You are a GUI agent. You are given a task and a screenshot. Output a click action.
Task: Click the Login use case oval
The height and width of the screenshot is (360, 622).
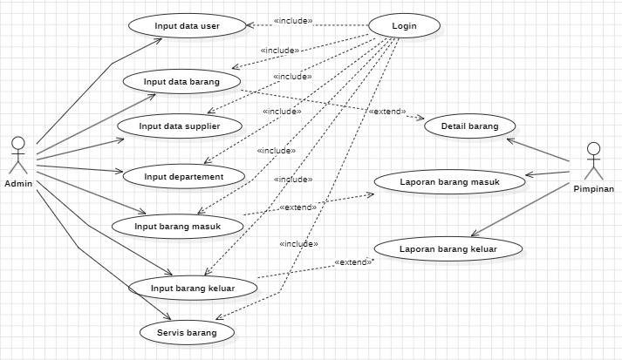404,26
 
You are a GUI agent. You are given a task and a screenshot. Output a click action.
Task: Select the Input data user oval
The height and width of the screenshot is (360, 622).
187,25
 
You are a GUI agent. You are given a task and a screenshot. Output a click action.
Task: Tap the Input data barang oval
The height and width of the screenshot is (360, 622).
181,81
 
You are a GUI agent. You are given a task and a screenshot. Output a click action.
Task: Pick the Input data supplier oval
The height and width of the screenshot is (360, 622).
179,126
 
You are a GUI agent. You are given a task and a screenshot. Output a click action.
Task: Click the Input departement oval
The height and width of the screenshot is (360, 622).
183,176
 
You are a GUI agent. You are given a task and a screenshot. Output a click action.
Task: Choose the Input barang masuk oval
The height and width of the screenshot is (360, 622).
177,226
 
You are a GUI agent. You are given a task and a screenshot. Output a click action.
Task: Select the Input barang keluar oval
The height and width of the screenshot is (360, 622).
193,287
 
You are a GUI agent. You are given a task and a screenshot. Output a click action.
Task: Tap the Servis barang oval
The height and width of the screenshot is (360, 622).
187,332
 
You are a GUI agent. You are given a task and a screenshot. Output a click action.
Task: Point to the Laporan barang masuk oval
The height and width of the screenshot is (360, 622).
449,181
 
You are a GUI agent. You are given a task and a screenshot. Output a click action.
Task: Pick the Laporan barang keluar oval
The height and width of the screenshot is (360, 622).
448,248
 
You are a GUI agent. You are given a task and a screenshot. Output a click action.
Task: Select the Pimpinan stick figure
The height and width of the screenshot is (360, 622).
593,160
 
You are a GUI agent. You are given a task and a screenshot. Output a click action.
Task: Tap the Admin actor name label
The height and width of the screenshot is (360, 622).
18,184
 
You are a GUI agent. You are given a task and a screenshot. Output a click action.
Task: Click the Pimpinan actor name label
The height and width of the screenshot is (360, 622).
593,188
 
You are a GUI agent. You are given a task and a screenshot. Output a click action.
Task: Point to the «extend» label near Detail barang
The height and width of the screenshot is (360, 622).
386,112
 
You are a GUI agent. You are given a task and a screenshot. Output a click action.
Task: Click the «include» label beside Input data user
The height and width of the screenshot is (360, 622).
292,21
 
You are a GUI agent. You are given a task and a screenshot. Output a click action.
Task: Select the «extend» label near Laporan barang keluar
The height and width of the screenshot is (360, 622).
353,262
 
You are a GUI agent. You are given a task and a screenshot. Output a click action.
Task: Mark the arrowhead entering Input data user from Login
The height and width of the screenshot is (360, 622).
248,25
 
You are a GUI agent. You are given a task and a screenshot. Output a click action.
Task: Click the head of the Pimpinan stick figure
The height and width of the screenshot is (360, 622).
593,147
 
